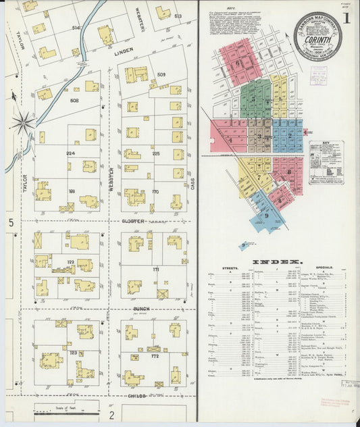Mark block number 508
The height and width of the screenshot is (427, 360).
pyautogui.click(x=74, y=100)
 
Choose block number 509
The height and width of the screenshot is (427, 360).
pyautogui.click(x=161, y=74)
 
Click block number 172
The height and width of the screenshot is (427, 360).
pyautogui.click(x=155, y=355)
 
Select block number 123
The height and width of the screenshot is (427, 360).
pyautogui.click(x=73, y=353)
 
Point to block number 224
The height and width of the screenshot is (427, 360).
pyautogui.click(x=70, y=153)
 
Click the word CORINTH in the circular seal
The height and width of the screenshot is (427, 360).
pyautogui.click(x=318, y=39)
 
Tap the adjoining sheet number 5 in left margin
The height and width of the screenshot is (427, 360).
pyautogui.click(x=11, y=222)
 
